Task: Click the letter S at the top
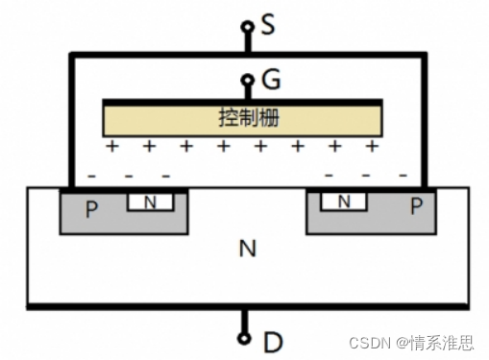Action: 268,23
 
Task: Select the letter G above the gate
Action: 270,80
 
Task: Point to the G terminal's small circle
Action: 246,81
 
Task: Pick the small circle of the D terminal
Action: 245,337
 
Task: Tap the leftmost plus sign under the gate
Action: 111,147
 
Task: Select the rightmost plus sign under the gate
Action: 372,147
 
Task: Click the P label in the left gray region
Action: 91,208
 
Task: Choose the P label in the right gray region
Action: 415,206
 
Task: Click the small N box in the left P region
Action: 150,202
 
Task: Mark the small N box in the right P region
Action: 341,202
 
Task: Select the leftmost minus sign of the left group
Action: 91,176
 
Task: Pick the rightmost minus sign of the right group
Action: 403,176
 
